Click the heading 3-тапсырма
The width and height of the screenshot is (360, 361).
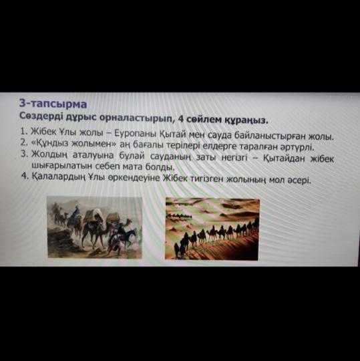53,104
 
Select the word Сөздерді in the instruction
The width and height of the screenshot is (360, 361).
41,116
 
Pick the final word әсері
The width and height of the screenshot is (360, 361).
299,180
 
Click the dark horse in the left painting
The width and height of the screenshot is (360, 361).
126,235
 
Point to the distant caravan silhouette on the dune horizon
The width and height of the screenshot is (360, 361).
178,216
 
